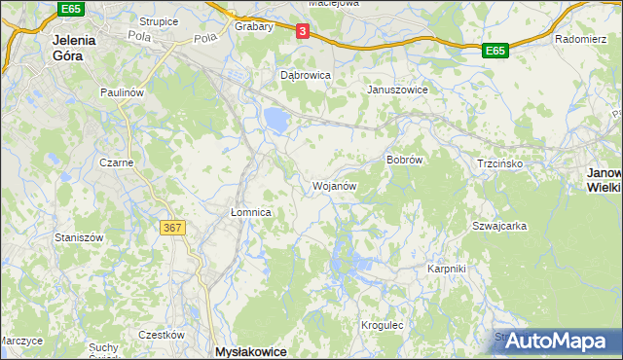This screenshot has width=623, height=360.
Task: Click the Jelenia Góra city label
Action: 67,48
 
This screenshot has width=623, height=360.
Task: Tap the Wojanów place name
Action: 334,186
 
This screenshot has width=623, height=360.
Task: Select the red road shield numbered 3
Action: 303,32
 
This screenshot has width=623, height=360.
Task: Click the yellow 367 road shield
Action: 171,227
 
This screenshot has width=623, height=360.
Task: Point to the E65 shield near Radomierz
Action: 495,50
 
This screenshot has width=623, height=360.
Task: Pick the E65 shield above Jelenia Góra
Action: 69,8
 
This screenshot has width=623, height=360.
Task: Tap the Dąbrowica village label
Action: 306,74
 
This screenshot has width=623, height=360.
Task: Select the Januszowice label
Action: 397,90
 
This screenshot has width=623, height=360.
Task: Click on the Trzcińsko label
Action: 500,163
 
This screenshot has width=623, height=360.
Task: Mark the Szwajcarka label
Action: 499,225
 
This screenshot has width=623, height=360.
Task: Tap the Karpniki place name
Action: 448,268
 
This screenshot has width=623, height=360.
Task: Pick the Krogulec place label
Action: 383,325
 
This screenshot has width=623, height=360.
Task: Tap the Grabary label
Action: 254,26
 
